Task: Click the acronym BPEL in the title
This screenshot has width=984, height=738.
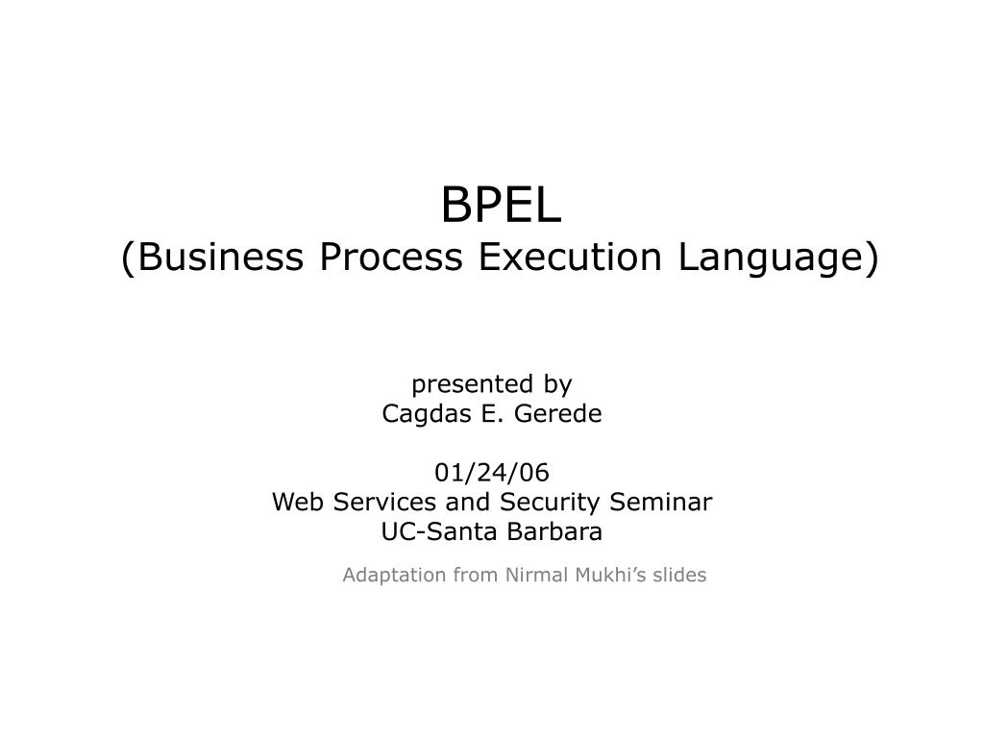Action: pos(501,205)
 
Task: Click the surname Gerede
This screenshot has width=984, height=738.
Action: pos(559,414)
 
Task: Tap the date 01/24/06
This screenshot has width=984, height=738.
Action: pos(492,473)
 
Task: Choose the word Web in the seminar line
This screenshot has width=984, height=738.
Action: pos(292,502)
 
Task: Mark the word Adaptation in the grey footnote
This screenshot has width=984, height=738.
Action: pos(394,576)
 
